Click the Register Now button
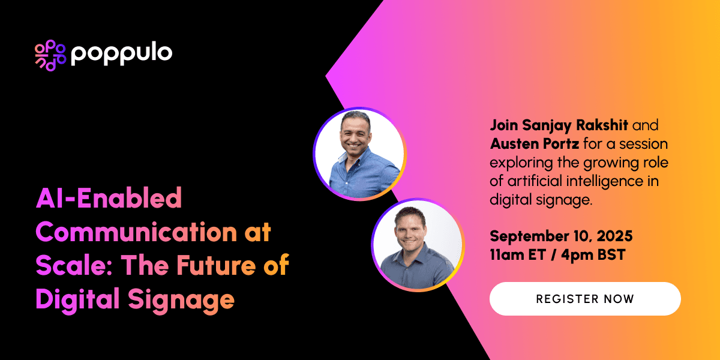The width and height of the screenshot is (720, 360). pyautogui.click(x=585, y=299)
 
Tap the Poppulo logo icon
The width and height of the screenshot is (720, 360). pyautogui.click(x=50, y=55)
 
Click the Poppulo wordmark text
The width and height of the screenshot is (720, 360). pyautogui.click(x=121, y=54)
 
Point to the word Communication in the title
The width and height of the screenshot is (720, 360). pyautogui.click(x=136, y=232)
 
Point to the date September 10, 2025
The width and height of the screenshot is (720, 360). pyautogui.click(x=561, y=236)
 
